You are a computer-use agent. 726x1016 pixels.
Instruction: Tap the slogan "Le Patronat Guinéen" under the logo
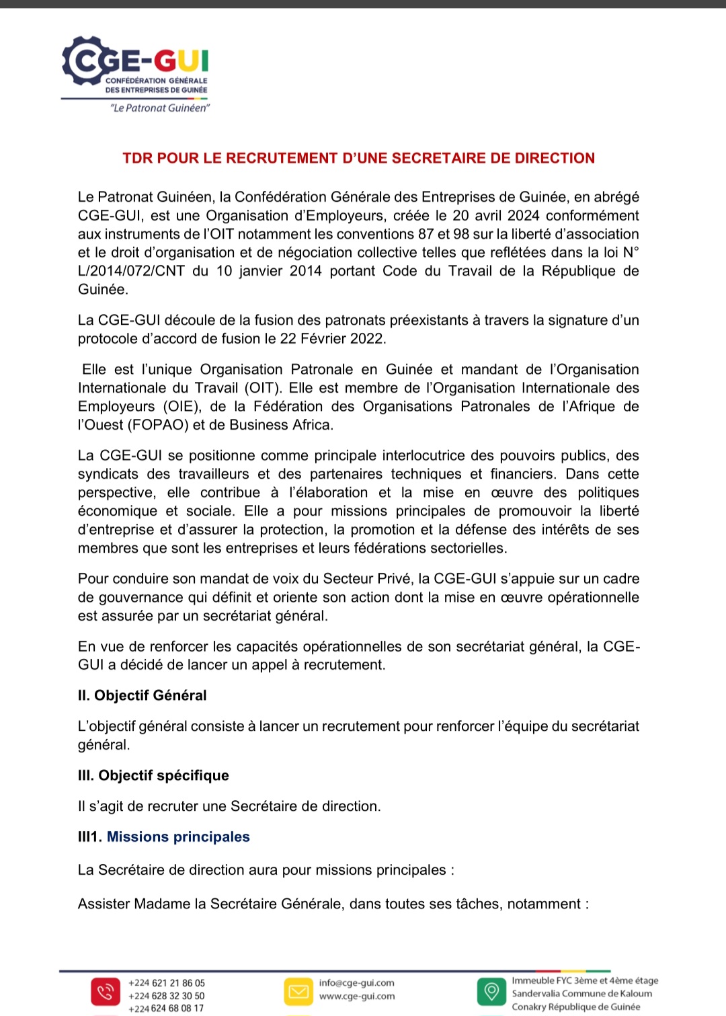coord(160,108)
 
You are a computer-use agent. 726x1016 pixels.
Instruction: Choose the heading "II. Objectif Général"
coord(142,696)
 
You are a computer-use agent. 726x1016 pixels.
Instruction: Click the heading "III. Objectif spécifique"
coord(153,776)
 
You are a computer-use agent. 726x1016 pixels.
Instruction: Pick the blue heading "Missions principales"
coord(178,837)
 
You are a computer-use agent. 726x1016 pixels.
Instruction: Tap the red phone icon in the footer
coord(105,992)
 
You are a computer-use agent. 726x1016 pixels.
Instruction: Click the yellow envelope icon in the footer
coord(298,992)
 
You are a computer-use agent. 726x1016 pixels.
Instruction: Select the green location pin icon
coord(491,992)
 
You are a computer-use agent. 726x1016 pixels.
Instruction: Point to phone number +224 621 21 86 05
coord(166,983)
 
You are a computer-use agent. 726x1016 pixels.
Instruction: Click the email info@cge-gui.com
coord(356,983)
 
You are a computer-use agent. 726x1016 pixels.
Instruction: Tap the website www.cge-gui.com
coord(356,997)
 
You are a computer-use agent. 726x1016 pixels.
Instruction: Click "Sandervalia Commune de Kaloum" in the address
coord(581,994)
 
